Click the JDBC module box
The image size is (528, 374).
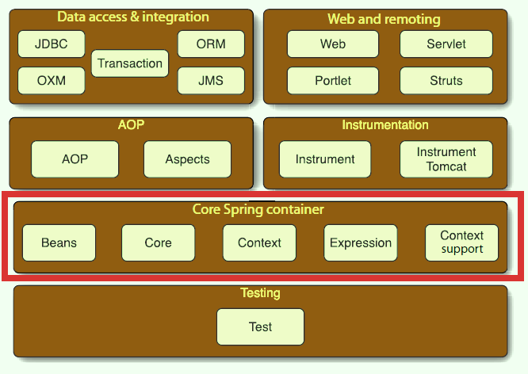[51, 44]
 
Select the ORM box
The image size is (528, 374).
[211, 44]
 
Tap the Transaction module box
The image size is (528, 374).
[130, 63]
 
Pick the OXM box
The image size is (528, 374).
[51, 81]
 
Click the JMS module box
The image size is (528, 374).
[211, 81]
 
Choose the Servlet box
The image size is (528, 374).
[446, 44]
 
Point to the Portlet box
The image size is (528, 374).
[332, 81]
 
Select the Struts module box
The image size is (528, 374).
[446, 81]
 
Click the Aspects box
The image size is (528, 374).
[187, 159]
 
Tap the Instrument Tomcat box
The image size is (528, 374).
[446, 159]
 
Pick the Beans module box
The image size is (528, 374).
[59, 243]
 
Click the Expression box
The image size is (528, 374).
[361, 243]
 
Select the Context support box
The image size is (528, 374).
[462, 242]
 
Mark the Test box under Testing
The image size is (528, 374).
[260, 326]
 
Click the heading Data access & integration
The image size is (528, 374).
[133, 17]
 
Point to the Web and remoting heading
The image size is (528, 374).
[384, 19]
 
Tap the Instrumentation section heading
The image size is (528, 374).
[385, 125]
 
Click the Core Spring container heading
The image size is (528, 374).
[258, 210]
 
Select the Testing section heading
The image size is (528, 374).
[260, 293]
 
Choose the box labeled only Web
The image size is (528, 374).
[332, 44]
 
